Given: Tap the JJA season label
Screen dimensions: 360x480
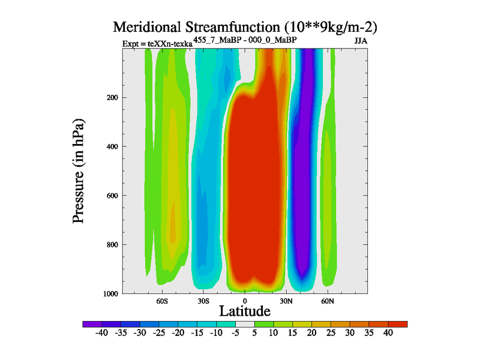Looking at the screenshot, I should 361,42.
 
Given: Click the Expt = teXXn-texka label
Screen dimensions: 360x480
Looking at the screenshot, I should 157,44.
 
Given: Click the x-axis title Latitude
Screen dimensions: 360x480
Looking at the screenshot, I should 244,311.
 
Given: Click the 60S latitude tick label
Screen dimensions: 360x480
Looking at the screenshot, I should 161,301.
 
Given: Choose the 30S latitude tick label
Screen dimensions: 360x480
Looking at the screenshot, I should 203,301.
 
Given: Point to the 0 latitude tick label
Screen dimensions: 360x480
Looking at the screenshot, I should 244,301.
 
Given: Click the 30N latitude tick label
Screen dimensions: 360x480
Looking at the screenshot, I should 286,301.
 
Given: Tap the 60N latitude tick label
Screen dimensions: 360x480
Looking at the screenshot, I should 327,301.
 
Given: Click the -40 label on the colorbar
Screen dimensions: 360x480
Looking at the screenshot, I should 102,332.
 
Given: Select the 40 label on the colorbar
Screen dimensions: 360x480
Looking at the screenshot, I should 388,332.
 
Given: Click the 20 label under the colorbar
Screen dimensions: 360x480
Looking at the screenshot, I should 311,332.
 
